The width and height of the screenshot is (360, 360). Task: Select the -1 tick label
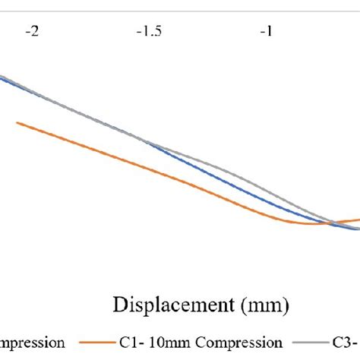265,33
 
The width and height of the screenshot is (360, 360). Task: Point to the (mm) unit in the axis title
261,305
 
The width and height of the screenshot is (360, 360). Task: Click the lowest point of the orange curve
311,224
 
